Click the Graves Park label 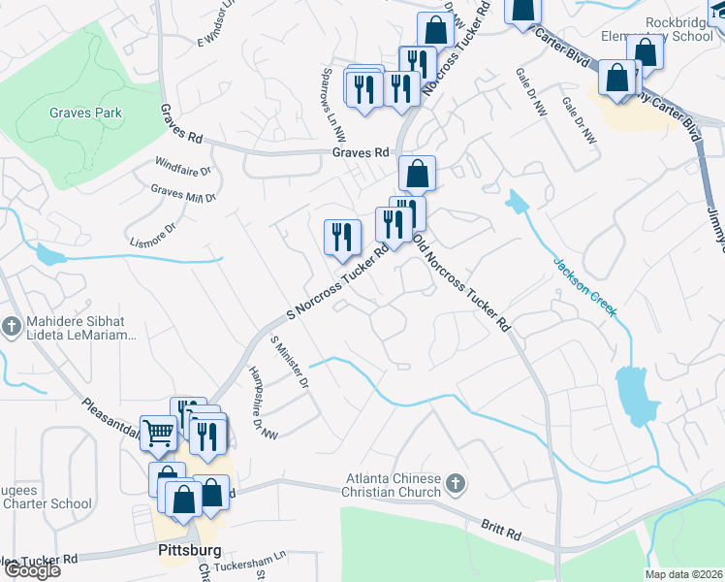pos(86,113)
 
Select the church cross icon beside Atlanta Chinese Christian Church pos(457,482)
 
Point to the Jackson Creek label pos(584,287)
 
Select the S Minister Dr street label pos(289,363)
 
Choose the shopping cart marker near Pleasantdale pos(158,434)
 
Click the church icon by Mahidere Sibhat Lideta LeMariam pos(11,325)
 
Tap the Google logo pos(31,570)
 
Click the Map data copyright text pos(684,574)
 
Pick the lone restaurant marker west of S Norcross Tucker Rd pos(341,238)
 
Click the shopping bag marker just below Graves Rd pos(417,175)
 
